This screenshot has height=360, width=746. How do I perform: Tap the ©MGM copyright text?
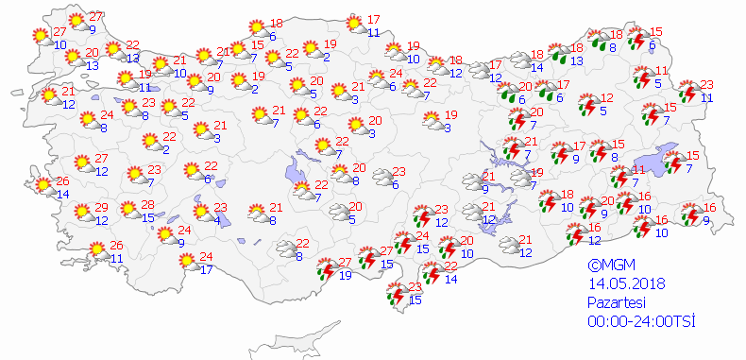[609, 266]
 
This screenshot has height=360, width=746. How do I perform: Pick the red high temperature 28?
[147, 205]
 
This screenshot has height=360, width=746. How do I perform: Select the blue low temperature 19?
[346, 275]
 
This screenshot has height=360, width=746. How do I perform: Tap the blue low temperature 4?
[217, 220]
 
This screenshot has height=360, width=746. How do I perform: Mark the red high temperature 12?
[607, 98]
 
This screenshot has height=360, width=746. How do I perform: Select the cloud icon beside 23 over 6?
[382, 177]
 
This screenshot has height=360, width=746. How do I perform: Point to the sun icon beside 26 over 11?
[97, 251]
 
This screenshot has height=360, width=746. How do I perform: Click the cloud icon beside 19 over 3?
[430, 121]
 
